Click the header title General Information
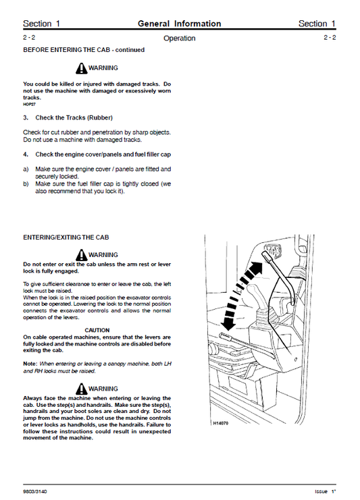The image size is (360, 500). coord(179,24)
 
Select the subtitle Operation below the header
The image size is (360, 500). coord(179,38)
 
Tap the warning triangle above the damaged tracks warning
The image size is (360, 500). coord(81,68)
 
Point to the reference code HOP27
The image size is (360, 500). coord(29,105)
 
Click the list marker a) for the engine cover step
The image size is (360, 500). coord(26,169)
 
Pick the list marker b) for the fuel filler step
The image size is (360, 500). coord(26,184)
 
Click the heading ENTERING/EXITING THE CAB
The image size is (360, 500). coord(66,238)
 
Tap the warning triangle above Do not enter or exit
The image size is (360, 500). coord(81,255)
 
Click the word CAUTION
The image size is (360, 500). coord(97,330)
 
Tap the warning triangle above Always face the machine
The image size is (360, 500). coord(81,389)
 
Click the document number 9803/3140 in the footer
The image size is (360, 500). coord(36,491)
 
